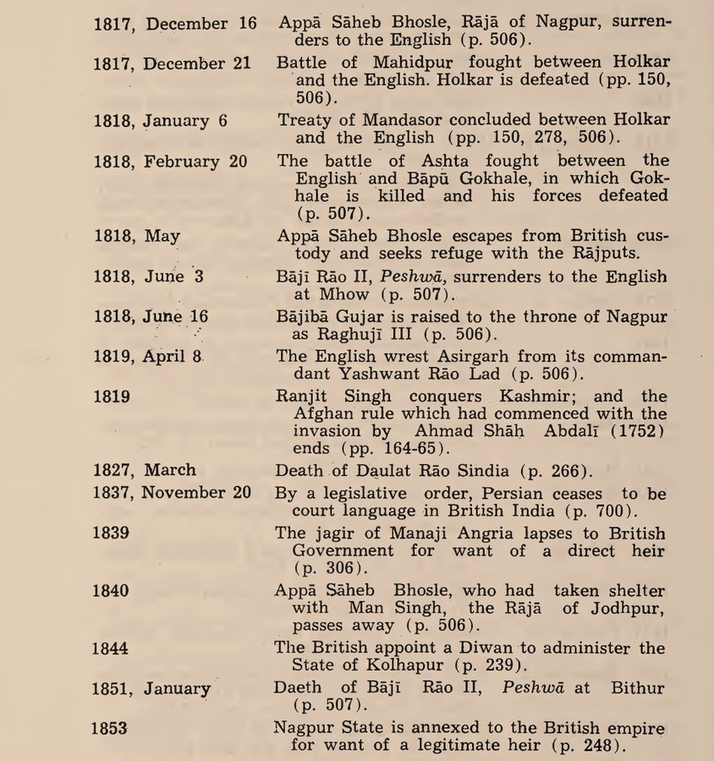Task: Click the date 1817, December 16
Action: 175,24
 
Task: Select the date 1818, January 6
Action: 160,120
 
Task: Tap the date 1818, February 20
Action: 170,161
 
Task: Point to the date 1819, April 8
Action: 148,356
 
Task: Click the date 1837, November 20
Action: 172,493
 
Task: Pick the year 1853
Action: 111,728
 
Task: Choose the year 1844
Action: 111,649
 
